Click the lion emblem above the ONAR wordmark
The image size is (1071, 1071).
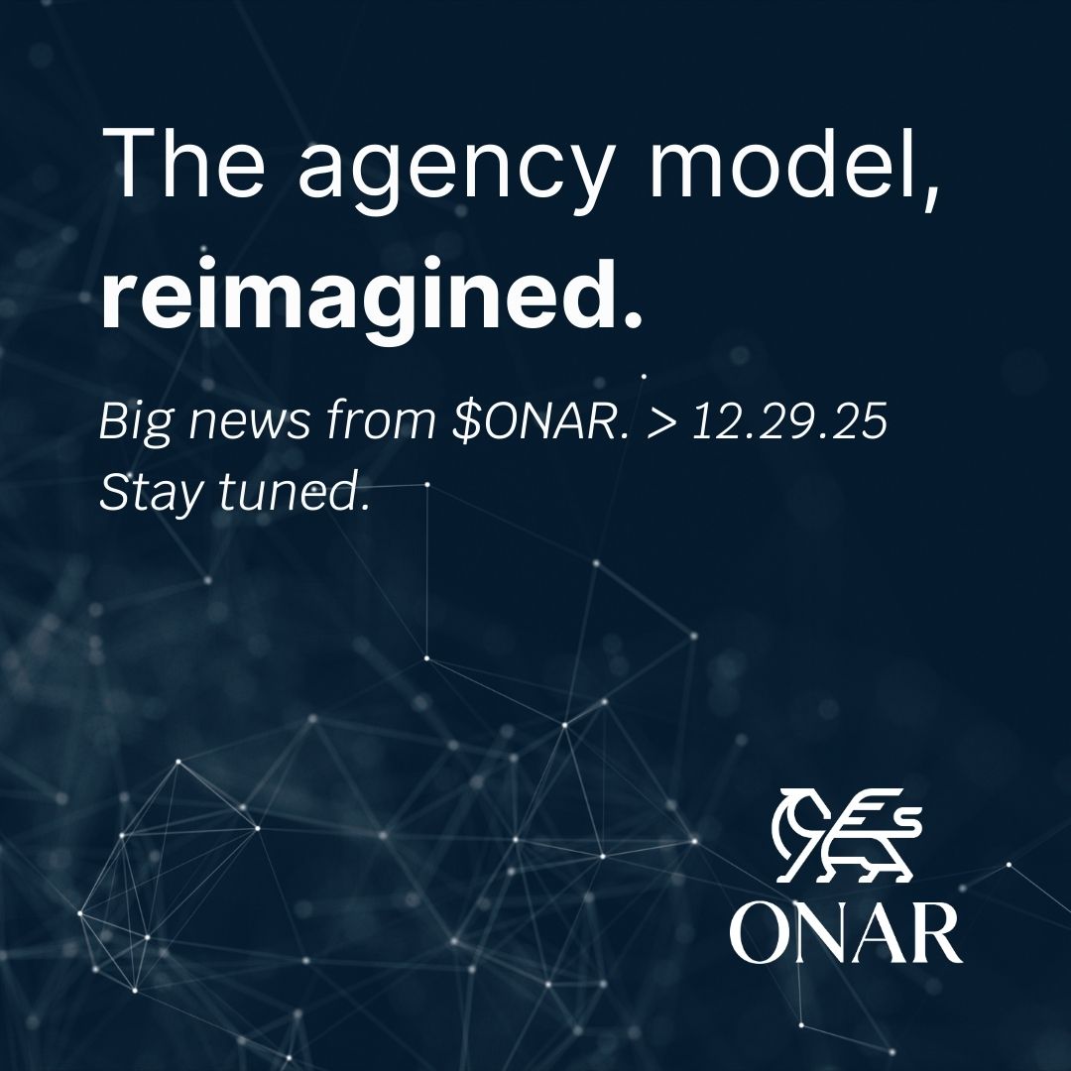pos(848,835)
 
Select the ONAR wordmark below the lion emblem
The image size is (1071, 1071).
pos(846,933)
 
